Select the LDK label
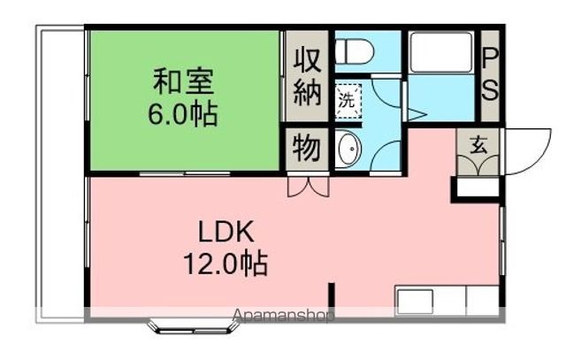click(x=226, y=233)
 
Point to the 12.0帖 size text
click(x=226, y=264)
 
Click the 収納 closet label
click(x=306, y=75)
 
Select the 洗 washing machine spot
click(x=347, y=100)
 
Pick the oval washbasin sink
click(x=347, y=149)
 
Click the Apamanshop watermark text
click(x=282, y=315)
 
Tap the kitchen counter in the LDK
click(x=447, y=299)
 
